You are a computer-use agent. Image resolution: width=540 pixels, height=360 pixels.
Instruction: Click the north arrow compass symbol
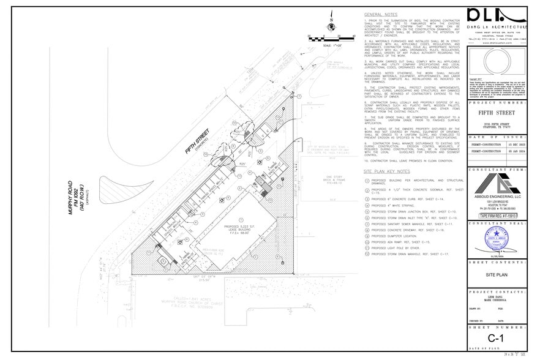[x=330, y=25]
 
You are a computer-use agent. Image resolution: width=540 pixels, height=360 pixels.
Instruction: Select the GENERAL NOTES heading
[x=380, y=14]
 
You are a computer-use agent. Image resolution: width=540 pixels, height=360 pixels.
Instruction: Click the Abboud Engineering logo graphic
[x=497, y=187]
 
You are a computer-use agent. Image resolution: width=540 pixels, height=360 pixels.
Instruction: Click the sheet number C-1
[x=496, y=339]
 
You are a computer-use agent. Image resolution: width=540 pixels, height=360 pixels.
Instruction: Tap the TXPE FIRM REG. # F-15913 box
[x=497, y=216]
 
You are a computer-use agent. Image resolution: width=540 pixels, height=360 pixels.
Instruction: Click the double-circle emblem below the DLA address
[x=497, y=63]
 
